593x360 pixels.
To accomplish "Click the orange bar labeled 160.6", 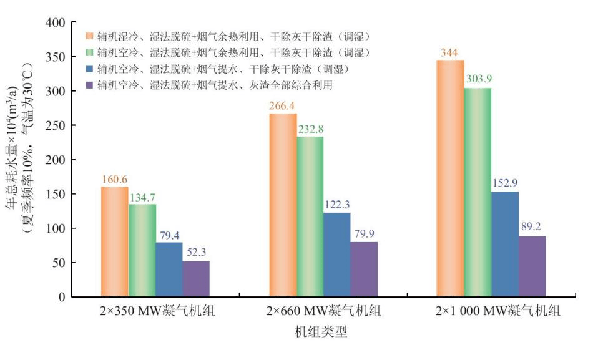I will coord(114,241).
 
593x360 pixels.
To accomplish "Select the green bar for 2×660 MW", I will coord(310,216).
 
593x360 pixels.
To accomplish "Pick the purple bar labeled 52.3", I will coord(196,279).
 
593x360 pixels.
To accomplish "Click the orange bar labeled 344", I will coord(450,178).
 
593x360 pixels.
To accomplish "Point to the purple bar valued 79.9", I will coord(364,269).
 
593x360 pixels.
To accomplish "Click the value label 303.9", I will coord(478,79).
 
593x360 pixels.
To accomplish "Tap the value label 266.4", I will coord(283,105).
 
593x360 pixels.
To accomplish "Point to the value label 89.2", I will coord(532,227).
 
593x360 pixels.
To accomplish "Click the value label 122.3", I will coord(337,204).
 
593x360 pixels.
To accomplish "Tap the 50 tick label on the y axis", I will coord(57,262).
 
